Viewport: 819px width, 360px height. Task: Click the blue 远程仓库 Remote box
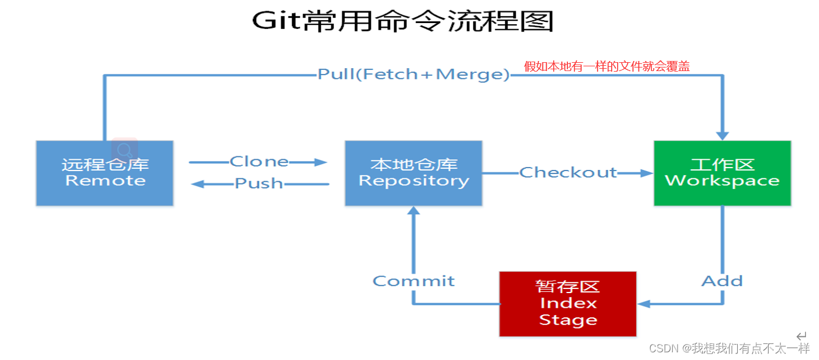105,173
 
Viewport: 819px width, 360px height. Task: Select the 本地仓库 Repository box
413,173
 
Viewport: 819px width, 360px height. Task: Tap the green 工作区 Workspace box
722,173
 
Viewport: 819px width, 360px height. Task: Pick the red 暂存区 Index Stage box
568,304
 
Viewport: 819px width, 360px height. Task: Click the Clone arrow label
259,162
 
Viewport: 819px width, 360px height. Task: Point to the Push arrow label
259,184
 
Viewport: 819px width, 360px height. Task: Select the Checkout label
568,172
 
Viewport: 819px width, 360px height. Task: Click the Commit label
413,281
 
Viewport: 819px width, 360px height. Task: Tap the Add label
722,281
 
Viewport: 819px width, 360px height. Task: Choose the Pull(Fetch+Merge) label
413,74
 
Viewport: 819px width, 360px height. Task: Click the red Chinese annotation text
606,66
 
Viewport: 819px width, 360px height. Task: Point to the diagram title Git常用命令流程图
403,21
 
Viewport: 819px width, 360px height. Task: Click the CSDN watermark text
730,348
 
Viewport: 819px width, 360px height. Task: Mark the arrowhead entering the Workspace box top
722,136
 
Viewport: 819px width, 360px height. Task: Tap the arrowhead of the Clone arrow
320,162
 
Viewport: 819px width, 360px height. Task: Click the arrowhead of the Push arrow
197,184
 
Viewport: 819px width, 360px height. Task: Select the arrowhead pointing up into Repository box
413,211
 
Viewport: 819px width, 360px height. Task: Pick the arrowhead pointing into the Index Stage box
644,304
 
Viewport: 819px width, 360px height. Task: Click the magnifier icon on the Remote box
125,149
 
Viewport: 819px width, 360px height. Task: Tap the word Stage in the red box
568,320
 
